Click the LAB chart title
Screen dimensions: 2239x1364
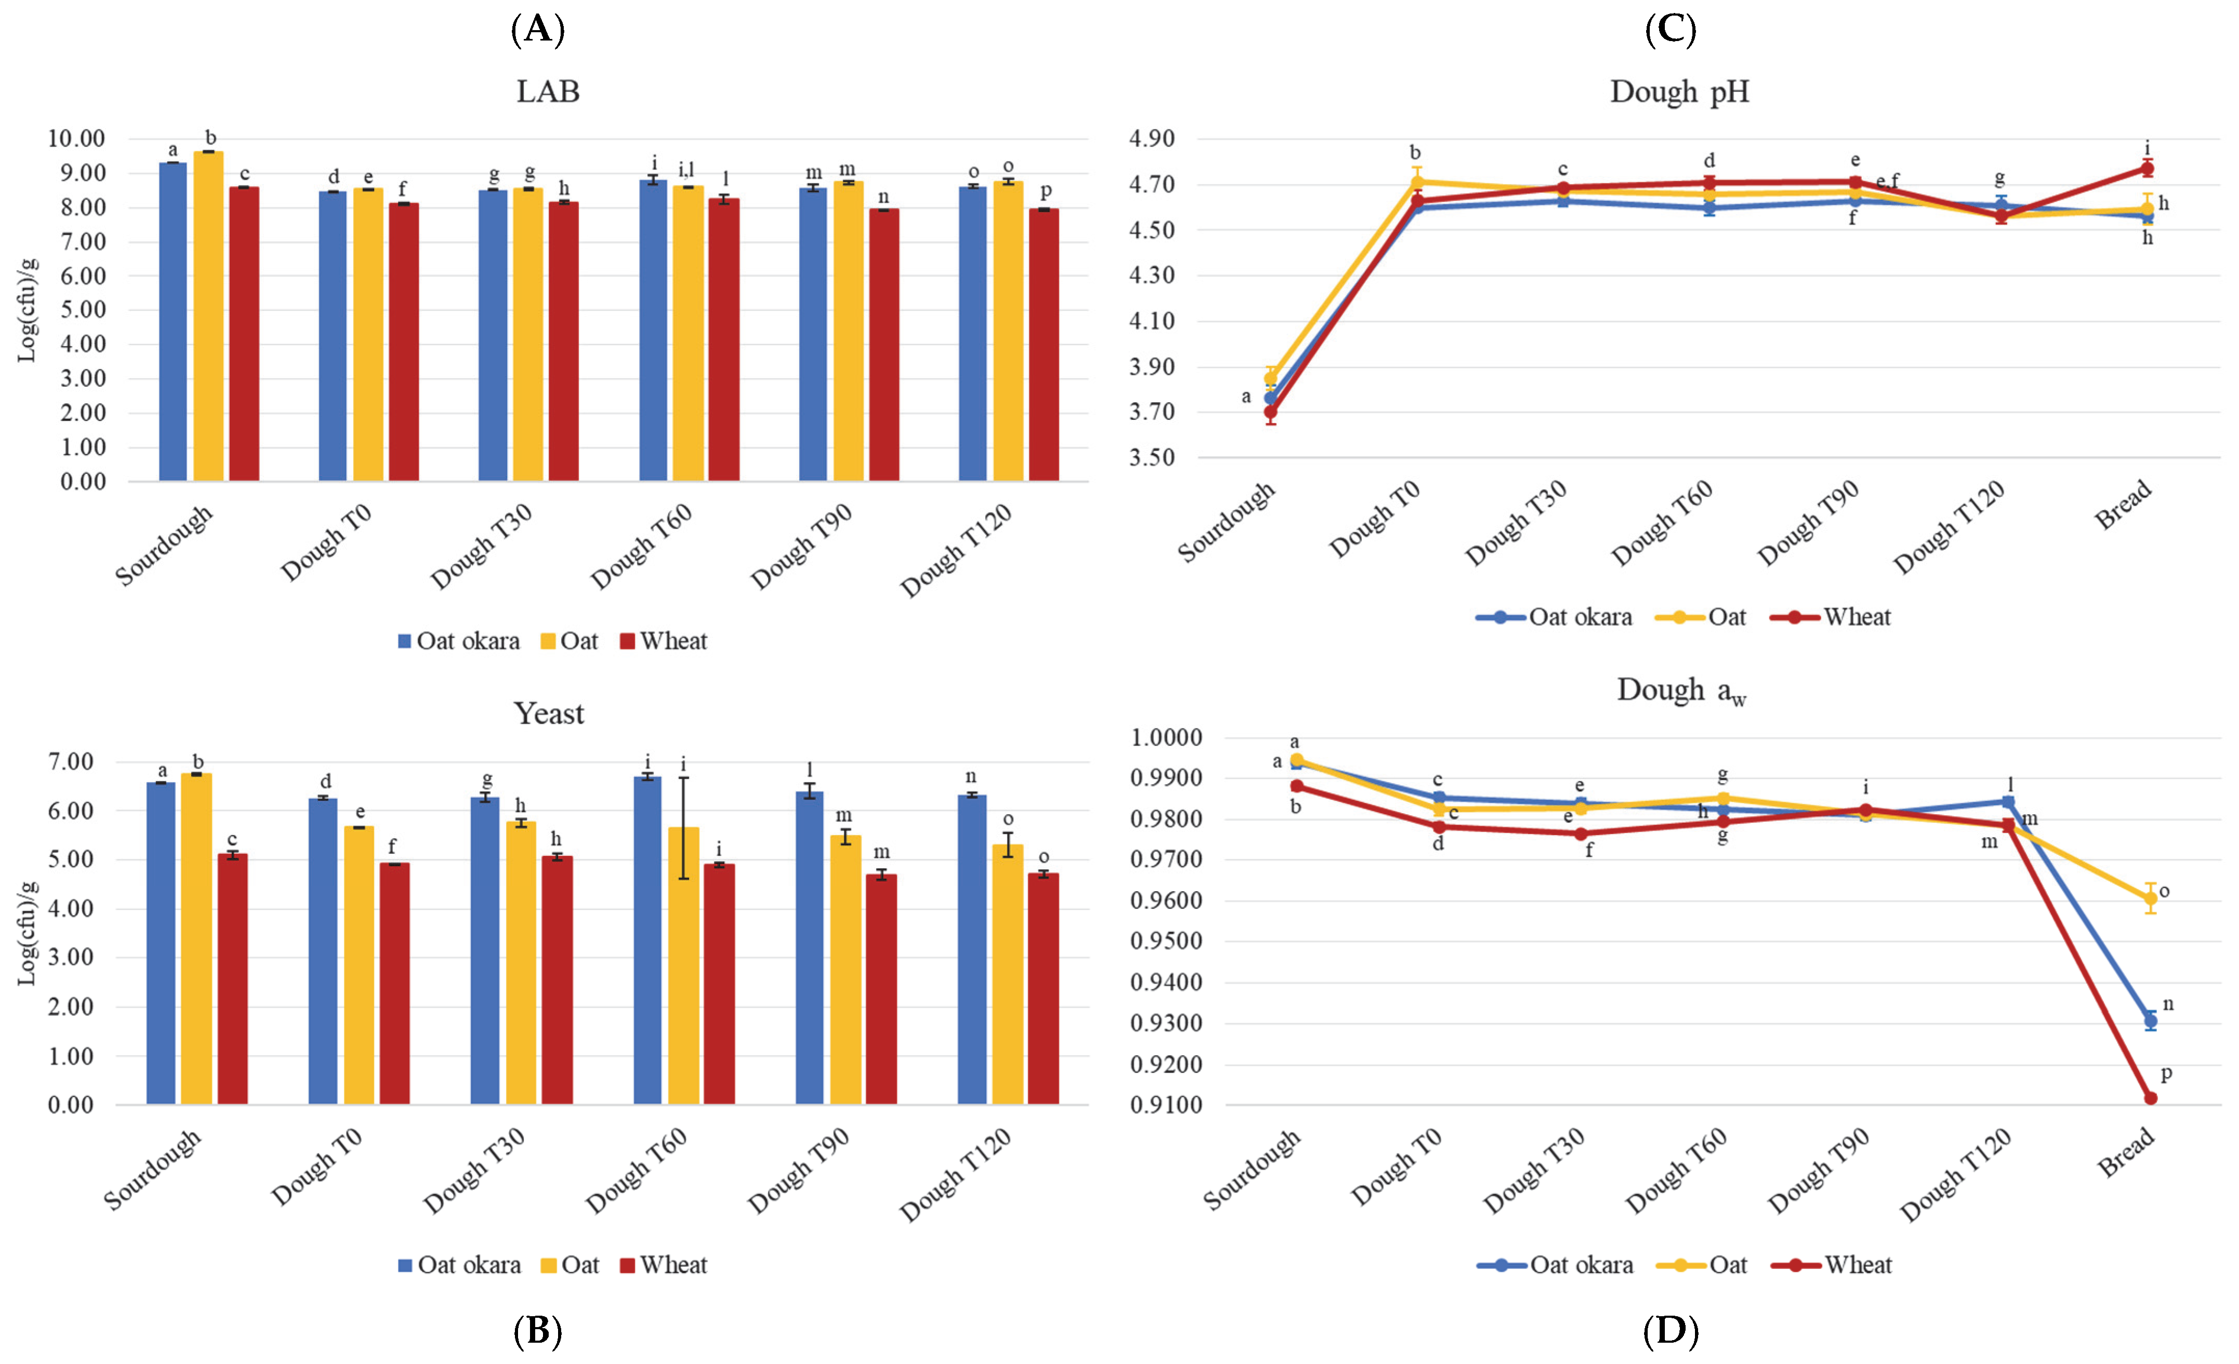pyautogui.click(x=548, y=92)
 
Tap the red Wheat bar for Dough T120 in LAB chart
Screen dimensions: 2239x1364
pyautogui.click(x=1044, y=346)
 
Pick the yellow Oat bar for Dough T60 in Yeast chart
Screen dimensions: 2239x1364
pyautogui.click(x=683, y=966)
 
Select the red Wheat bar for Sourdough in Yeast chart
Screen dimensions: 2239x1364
pyautogui.click(x=233, y=979)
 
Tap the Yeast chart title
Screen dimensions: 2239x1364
pyautogui.click(x=549, y=713)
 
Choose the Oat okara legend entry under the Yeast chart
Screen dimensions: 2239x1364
pyautogui.click(x=460, y=1265)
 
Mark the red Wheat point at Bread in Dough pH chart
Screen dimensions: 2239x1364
pyautogui.click(x=2147, y=169)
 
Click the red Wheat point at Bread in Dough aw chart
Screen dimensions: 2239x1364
pyautogui.click(x=2150, y=1098)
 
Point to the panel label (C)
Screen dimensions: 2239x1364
pyautogui.click(x=1670, y=30)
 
